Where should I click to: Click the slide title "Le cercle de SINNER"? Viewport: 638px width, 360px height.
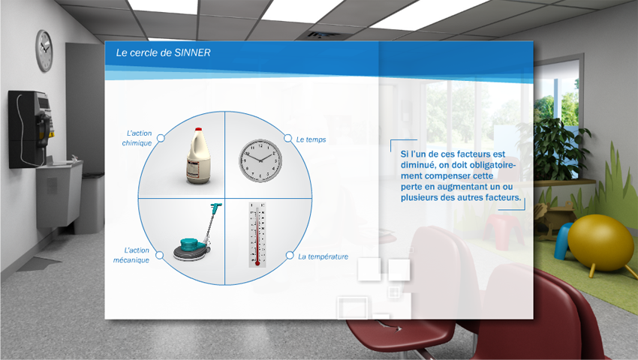(x=163, y=52)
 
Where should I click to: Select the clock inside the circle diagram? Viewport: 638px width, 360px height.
(x=260, y=160)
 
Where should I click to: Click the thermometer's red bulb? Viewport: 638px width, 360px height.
(x=257, y=263)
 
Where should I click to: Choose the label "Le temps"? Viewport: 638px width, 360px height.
(x=311, y=139)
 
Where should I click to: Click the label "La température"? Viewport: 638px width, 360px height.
(x=323, y=256)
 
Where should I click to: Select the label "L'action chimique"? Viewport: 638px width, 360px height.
(x=137, y=138)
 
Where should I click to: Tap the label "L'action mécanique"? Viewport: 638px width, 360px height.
(x=131, y=255)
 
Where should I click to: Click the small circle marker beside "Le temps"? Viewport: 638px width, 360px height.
(x=287, y=138)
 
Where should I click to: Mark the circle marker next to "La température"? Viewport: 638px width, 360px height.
(x=289, y=255)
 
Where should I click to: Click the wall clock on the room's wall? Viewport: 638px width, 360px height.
(x=44, y=51)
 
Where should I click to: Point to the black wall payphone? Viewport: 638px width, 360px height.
(x=30, y=129)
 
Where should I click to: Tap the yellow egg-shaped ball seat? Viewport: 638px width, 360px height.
(x=600, y=242)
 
